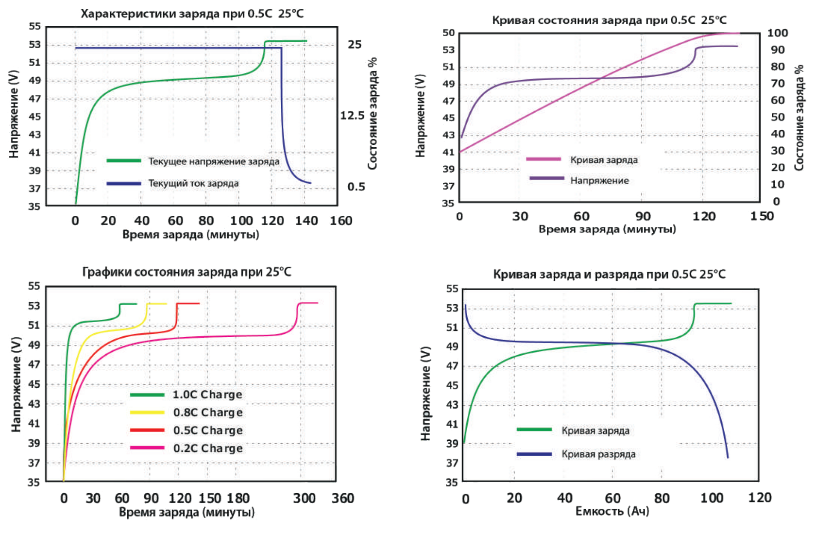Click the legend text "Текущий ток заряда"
193,184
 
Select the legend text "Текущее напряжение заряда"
214,161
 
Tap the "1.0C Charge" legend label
207,395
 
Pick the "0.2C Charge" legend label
208,448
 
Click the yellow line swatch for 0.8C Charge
147,413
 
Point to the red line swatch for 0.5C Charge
147,430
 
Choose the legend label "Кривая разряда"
598,454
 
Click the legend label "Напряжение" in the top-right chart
599,181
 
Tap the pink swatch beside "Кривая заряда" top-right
544,159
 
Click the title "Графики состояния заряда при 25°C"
187,272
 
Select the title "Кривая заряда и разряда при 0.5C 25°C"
610,275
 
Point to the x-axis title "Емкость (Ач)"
612,511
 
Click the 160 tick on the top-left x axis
341,221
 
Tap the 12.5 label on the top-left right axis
352,115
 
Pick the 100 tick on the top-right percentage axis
777,33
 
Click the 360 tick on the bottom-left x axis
343,498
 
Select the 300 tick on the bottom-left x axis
305,498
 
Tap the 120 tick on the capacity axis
760,498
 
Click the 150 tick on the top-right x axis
762,216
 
